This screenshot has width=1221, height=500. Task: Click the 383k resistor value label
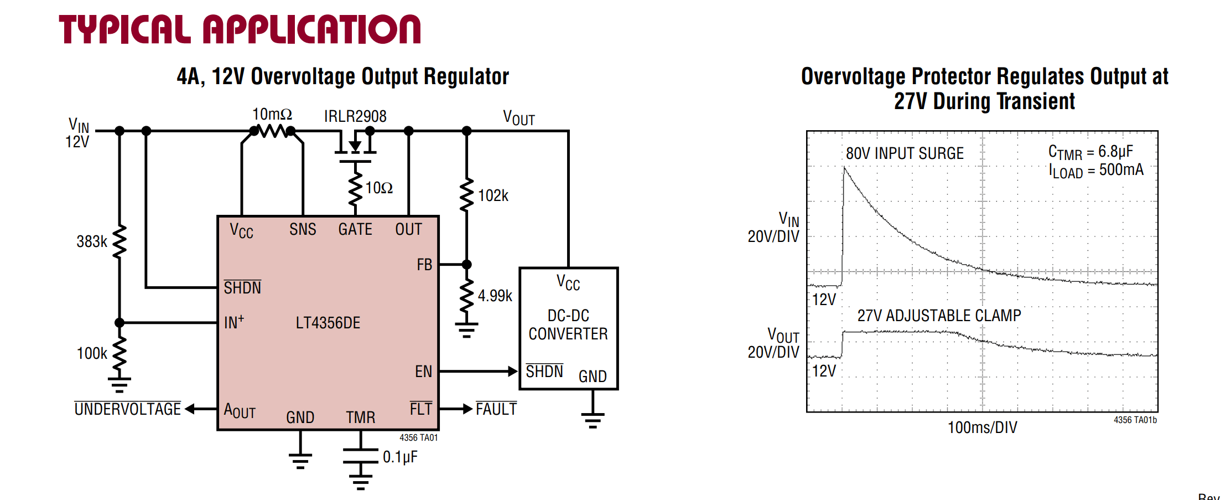[92, 241]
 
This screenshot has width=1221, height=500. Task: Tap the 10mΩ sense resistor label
[272, 114]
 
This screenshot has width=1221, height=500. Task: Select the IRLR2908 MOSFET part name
[355, 116]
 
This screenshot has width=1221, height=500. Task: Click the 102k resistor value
[493, 195]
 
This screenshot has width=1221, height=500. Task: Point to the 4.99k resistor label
[495, 296]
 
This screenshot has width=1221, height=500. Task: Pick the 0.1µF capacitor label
[400, 457]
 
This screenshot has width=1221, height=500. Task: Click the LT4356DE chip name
[328, 323]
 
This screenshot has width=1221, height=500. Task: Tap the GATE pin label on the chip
[355, 229]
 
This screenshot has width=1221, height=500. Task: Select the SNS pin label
[303, 229]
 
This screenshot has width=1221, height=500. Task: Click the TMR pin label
[361, 417]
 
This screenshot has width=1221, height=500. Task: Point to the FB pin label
[424, 265]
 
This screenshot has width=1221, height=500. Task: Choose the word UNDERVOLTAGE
[128, 409]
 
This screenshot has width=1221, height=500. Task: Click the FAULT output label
[496, 409]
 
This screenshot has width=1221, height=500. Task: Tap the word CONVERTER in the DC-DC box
[568, 334]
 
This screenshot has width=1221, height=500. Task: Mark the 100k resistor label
[92, 353]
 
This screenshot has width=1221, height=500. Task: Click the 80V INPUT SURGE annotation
[905, 153]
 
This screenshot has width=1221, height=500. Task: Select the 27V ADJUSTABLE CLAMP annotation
[939, 316]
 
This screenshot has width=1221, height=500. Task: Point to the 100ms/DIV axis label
[983, 427]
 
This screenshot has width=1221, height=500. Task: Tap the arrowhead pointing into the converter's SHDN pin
[513, 372]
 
